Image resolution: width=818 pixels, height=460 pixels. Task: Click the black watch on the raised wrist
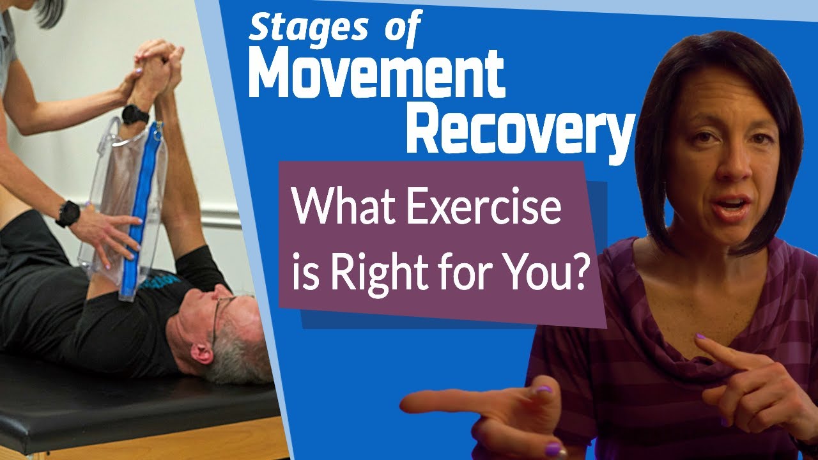pos(135,115)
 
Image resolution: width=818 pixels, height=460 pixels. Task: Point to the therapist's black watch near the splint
pos(67,213)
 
